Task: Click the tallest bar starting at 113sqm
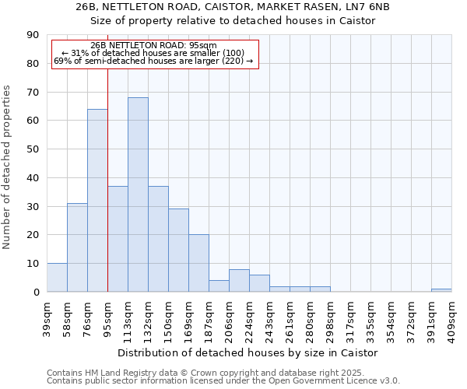click(138, 194)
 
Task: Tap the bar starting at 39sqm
click(57, 278)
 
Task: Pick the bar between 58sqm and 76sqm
click(77, 247)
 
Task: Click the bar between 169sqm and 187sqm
click(198, 263)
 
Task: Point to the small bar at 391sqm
click(441, 290)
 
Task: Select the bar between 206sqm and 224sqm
click(239, 281)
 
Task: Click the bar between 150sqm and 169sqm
click(178, 251)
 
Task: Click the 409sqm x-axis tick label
click(452, 317)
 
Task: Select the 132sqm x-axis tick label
click(149, 317)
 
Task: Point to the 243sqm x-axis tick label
click(270, 317)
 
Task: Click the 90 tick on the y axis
click(33, 35)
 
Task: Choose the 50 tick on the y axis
click(33, 149)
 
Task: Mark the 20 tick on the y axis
click(33, 235)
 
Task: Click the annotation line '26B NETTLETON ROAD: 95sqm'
click(153, 46)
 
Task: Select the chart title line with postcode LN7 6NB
click(233, 6)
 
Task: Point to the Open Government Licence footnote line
click(223, 380)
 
